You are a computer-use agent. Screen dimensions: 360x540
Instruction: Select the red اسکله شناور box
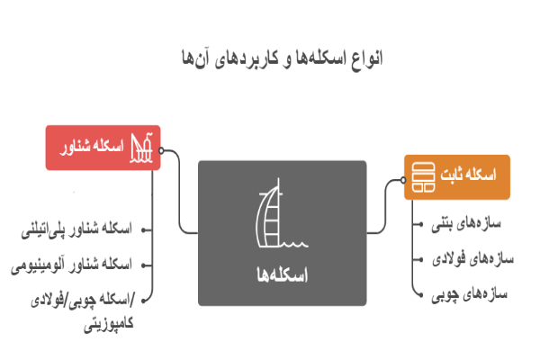[103, 147]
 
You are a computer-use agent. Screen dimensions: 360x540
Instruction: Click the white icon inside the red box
[142, 147]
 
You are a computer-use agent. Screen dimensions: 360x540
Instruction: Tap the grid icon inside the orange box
[419, 175]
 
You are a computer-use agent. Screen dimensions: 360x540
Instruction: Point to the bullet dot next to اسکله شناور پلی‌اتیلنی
[148, 229]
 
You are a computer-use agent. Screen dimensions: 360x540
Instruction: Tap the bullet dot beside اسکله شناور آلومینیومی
[148, 265]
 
